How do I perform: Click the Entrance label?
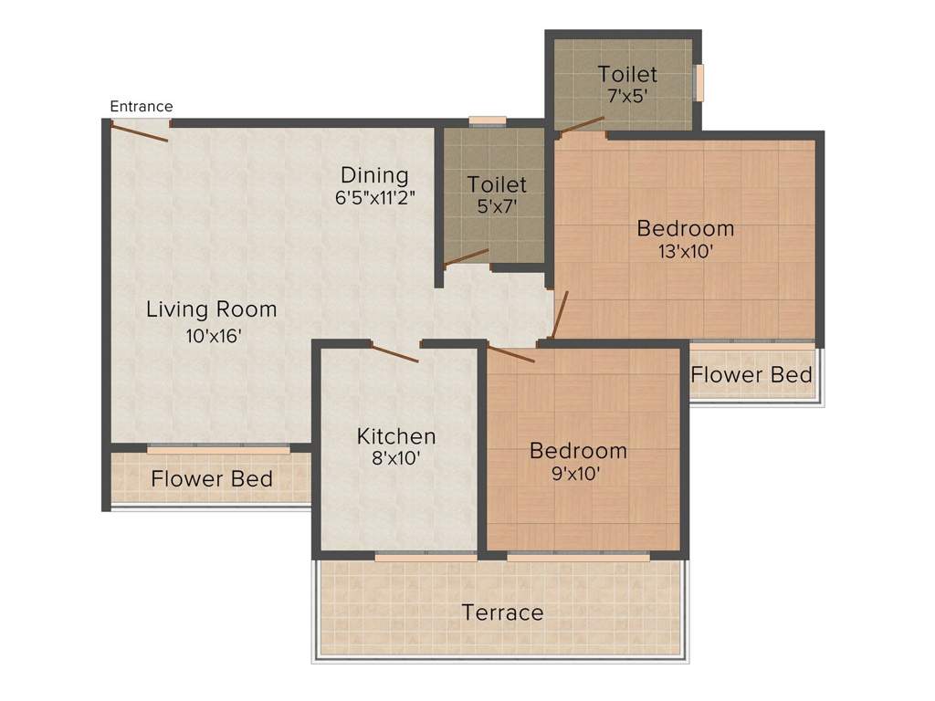coord(142,107)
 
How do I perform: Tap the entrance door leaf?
coord(140,131)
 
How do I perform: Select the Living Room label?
coord(212,309)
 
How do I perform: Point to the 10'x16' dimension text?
coord(214,336)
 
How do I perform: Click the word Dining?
coord(374,175)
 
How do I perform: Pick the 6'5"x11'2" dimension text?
coord(374,197)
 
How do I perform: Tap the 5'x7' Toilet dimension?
coord(497,206)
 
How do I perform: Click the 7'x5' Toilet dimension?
coord(627,96)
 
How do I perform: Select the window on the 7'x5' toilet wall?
coord(699,82)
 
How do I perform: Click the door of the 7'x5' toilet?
coord(580,124)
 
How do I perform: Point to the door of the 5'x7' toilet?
coord(467,256)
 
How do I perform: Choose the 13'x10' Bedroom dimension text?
coord(686,252)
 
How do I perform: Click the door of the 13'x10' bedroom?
coord(561,314)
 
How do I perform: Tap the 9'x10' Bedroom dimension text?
coord(575,474)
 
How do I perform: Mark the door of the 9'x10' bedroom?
coord(511,353)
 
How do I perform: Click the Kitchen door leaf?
coord(394,352)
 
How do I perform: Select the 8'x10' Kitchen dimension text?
coord(396,458)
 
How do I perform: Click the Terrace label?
coord(503,612)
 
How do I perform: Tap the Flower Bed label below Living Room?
coord(212,478)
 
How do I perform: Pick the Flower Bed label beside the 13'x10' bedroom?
coord(751,375)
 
